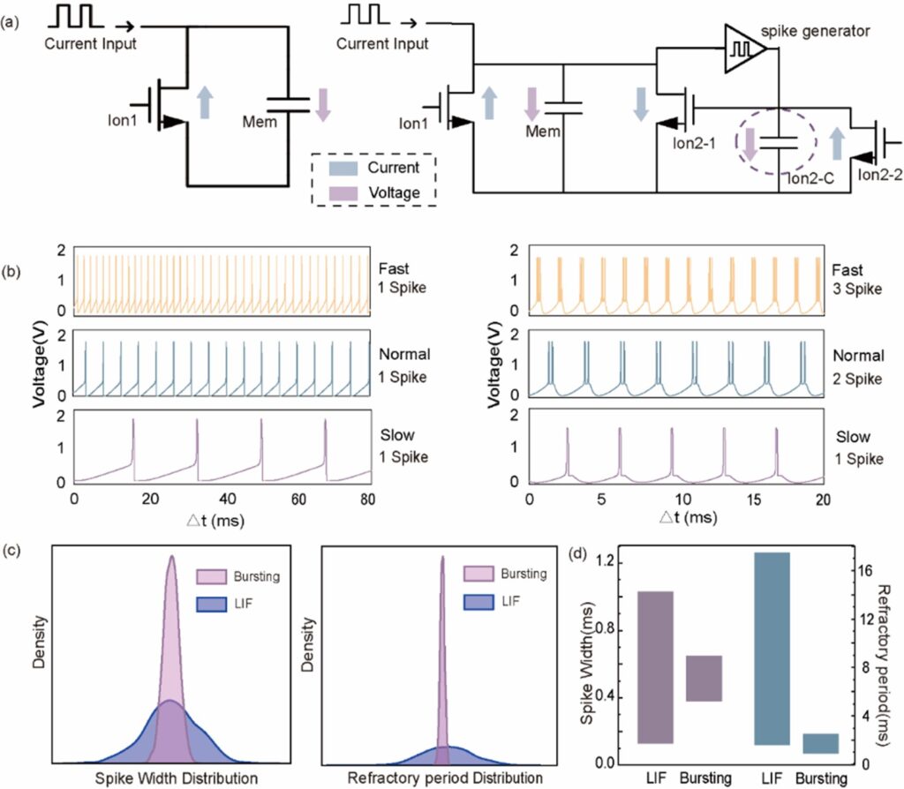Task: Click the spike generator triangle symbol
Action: click(743, 49)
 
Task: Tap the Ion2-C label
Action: click(810, 178)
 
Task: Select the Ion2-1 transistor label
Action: click(694, 143)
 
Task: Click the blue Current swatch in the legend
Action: click(344, 168)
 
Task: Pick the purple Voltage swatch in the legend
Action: click(344, 193)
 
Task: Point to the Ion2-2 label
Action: click(880, 174)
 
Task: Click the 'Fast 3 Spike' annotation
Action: click(856, 280)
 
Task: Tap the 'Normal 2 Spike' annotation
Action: click(858, 367)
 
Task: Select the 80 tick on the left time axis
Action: click(367, 500)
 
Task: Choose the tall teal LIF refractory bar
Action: click(772, 649)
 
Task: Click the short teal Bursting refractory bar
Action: click(821, 743)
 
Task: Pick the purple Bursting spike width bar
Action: click(704, 679)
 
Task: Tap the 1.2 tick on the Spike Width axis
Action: click(606, 562)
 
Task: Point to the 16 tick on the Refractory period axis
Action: click(865, 571)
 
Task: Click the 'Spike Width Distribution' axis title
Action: click(177, 778)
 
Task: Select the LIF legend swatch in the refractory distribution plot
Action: click(478, 602)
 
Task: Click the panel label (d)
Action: click(577, 555)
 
